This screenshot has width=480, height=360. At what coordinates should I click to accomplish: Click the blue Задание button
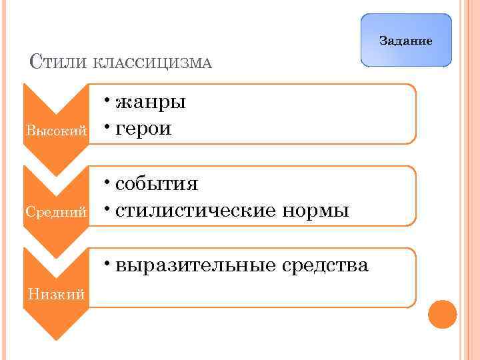pyautogui.click(x=405, y=41)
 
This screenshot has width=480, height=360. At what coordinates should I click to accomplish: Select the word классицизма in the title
pyautogui.click(x=151, y=63)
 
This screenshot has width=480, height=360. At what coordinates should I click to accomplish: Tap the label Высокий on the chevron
pyautogui.click(x=56, y=130)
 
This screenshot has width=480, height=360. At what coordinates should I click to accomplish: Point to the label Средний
pyautogui.click(x=56, y=212)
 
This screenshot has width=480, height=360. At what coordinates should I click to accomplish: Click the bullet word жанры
pyautogui.click(x=151, y=103)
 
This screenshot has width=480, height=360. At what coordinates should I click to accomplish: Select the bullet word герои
pyautogui.click(x=144, y=128)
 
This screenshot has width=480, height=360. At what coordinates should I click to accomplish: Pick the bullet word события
pyautogui.click(x=157, y=185)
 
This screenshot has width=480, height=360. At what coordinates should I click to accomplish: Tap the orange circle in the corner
pyautogui.click(x=442, y=313)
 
